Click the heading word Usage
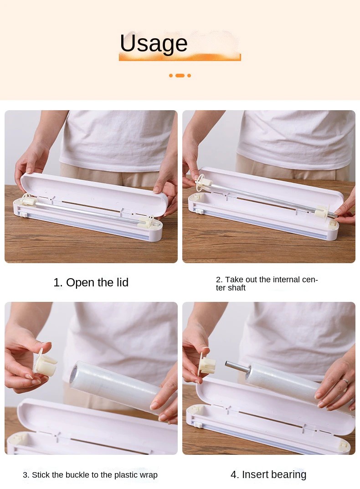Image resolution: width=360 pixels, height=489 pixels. (154, 44)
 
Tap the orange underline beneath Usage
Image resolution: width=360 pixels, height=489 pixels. (180, 57)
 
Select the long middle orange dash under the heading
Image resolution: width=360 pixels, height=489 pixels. (180, 76)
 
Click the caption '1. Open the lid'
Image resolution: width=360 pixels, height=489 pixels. (91, 283)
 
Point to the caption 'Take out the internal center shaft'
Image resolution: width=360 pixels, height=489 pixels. (267, 284)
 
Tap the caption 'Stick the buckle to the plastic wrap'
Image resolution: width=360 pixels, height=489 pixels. (90, 475)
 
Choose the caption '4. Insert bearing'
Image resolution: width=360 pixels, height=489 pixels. (268, 474)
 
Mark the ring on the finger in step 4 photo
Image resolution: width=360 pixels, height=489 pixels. (345, 382)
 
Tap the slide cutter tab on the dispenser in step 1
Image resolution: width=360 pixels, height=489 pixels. (21, 214)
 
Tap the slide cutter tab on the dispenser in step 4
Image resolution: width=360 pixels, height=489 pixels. (198, 424)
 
